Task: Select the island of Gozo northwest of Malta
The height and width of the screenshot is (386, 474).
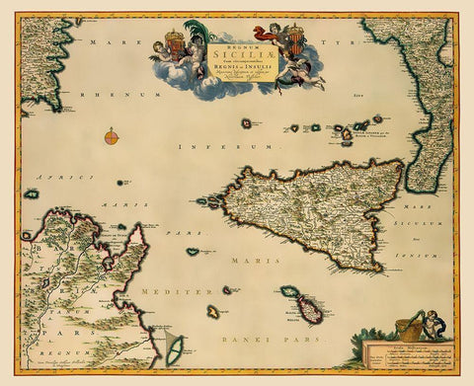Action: [x=290, y=292]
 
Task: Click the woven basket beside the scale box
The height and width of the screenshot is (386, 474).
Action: [x=407, y=330]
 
